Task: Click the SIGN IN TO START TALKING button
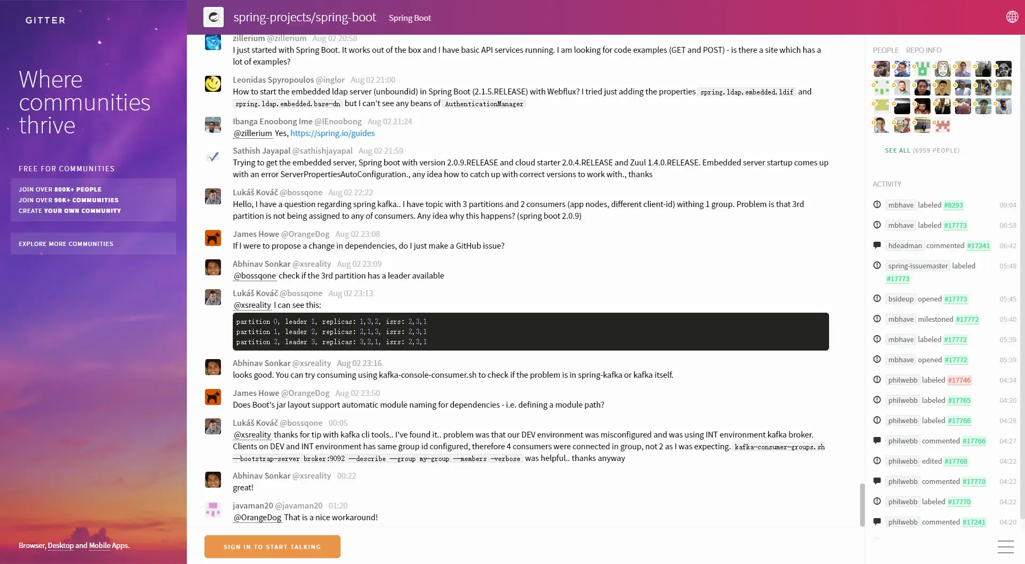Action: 272,546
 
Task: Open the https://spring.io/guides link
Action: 332,133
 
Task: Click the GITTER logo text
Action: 45,20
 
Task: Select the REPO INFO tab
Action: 924,50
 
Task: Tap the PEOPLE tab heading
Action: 886,50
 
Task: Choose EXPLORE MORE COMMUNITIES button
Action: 66,244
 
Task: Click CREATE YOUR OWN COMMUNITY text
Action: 70,211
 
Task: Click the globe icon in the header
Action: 1012,17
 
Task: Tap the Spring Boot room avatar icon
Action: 214,17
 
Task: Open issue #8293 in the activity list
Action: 953,205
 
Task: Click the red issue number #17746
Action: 959,380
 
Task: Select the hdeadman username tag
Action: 905,245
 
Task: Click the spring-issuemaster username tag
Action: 918,266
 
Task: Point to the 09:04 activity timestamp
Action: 1007,205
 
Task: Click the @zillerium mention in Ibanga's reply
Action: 253,133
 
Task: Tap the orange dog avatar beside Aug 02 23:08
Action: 213,238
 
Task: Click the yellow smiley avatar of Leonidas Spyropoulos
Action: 213,84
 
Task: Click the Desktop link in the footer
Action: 61,545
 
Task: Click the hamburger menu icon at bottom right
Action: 1005,546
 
